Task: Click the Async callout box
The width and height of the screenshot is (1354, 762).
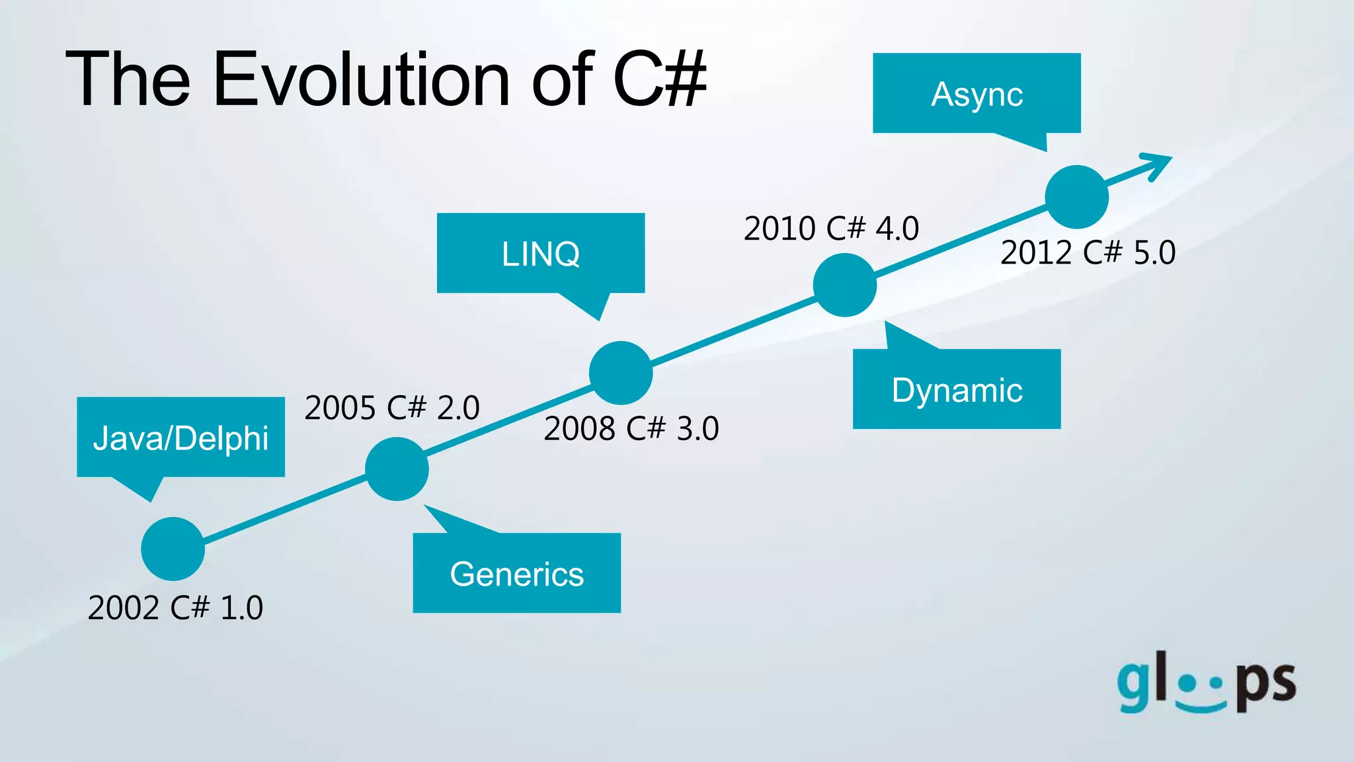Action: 976,93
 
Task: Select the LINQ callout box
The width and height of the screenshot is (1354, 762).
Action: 540,253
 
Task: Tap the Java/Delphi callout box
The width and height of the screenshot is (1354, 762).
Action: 180,437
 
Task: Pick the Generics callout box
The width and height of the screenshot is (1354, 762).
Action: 516,573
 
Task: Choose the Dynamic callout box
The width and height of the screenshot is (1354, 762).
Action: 957,389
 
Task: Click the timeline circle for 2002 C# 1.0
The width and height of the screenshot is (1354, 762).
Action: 173,549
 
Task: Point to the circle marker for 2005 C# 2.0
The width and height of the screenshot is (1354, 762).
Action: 397,469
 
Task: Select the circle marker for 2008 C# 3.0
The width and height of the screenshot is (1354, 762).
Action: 621,373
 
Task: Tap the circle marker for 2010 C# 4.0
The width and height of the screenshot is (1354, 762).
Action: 844,285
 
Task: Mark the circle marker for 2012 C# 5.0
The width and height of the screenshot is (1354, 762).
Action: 1076,197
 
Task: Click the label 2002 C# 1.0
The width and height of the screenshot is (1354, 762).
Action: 175,607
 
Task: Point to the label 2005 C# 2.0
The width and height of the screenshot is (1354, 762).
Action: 391,407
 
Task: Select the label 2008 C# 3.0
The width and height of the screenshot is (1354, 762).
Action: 631,428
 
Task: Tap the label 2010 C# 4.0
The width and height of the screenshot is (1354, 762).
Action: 831,229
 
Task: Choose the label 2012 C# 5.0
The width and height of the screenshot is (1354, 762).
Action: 1088,252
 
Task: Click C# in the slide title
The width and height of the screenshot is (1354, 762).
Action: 659,79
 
